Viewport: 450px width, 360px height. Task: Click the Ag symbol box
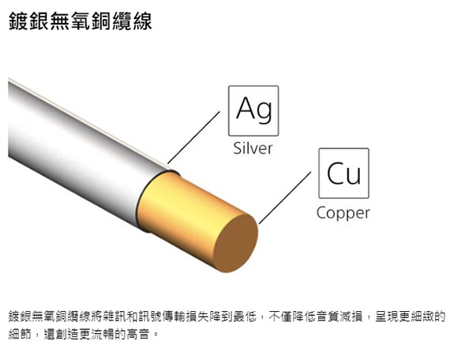click(253, 111)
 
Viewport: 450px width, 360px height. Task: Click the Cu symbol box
click(343, 173)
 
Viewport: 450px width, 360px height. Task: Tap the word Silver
click(253, 148)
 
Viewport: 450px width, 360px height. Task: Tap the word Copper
click(343, 212)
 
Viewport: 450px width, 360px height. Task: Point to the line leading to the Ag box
click(194, 137)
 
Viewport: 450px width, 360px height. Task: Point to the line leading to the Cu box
click(285, 198)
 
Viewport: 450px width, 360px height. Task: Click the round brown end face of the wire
click(236, 243)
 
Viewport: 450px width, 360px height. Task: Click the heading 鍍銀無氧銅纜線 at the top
click(80, 21)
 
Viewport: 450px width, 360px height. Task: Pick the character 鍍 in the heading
click(19, 21)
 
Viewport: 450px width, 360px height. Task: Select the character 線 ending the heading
click(142, 21)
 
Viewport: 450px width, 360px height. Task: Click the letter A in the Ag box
click(247, 108)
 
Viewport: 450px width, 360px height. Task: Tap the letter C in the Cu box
click(336, 173)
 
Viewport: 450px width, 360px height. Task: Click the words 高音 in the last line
click(138, 334)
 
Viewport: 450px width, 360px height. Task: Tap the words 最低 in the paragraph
click(245, 317)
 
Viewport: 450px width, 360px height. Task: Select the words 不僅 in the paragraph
click(280, 317)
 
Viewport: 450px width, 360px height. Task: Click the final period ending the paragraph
click(156, 336)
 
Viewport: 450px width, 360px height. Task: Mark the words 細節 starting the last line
click(20, 334)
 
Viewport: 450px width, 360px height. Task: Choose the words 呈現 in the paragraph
click(387, 317)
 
